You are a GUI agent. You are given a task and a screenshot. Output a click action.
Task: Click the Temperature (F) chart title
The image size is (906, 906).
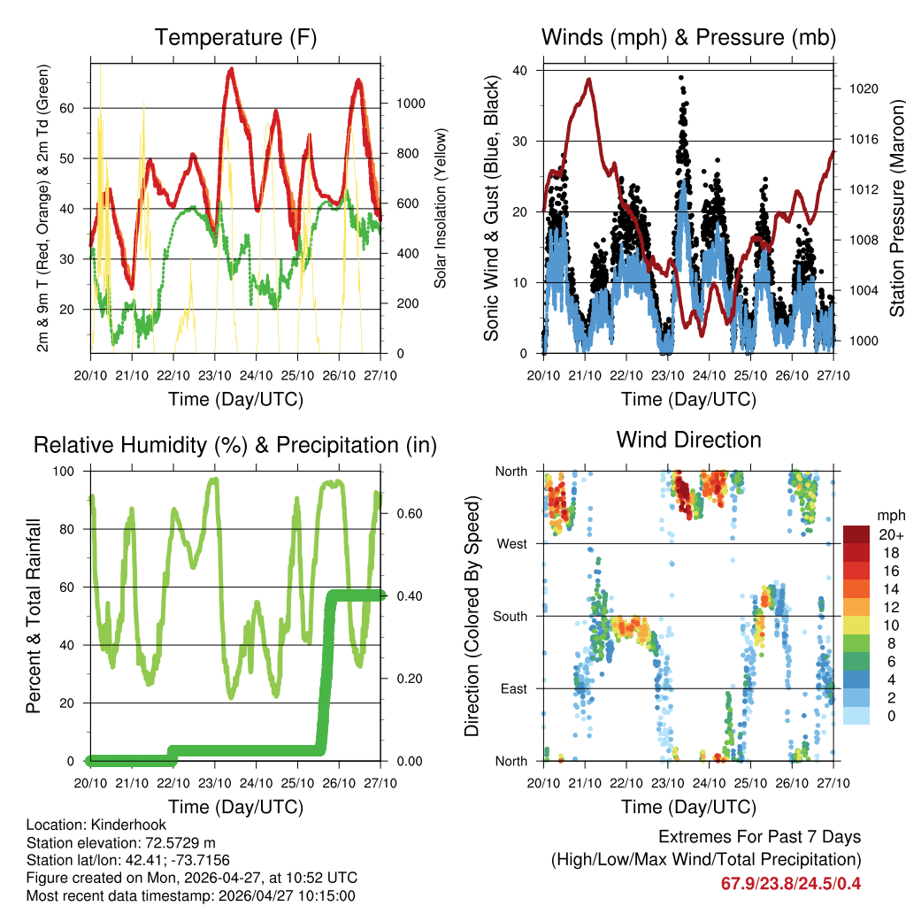[x=235, y=37]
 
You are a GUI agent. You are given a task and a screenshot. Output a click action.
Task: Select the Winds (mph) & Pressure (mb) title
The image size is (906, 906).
[x=688, y=37]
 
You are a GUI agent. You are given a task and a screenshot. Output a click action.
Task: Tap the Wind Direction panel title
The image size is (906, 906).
[x=688, y=439]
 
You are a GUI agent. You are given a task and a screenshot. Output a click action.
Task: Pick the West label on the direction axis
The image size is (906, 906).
[x=511, y=543]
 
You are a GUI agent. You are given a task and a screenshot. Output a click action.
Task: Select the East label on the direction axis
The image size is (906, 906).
[x=513, y=688]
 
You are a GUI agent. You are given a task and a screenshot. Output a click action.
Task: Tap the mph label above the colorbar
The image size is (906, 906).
[x=890, y=515]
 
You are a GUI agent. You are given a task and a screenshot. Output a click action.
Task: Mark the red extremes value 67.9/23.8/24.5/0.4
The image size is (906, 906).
[x=791, y=884]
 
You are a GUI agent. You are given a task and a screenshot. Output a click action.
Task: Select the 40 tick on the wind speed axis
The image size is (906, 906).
[x=520, y=70]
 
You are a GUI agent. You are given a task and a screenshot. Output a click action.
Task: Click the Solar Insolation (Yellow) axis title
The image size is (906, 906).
[x=441, y=208]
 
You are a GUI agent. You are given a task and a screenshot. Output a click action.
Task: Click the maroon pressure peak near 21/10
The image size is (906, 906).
[x=588, y=80]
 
